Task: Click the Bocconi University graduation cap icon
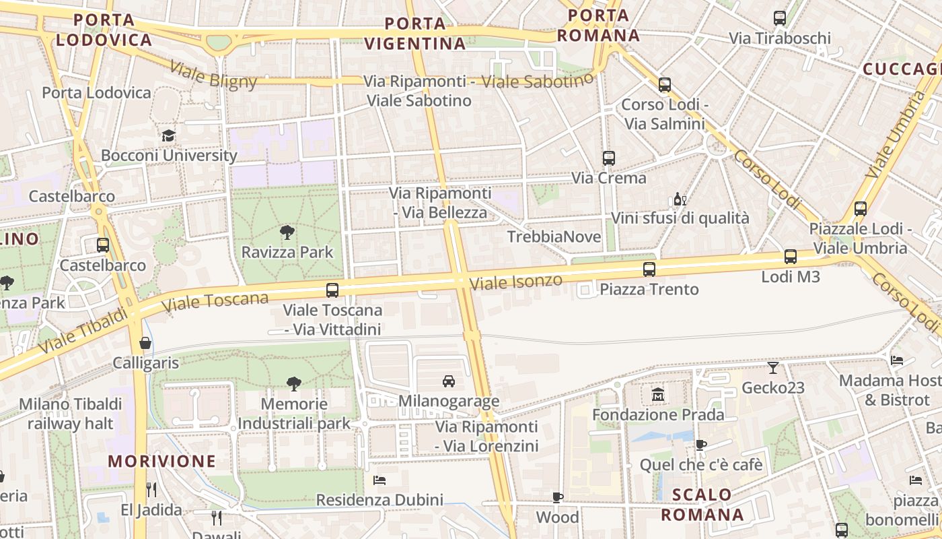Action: tap(168, 135)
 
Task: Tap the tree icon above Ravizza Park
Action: tap(287, 233)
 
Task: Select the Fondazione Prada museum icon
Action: tap(657, 394)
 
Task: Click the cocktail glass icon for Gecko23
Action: tap(773, 368)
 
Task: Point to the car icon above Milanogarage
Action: tap(449, 381)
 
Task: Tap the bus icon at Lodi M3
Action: tap(790, 257)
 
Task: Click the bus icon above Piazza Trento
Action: tap(649, 269)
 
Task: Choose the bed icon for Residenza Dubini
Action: tap(379, 480)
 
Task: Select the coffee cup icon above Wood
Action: tap(557, 497)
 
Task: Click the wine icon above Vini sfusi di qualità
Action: tap(680, 199)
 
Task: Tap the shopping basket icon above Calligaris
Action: tap(145, 344)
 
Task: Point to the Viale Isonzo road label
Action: tap(515, 282)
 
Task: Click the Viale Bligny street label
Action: tap(213, 75)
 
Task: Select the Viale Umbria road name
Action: tap(895, 135)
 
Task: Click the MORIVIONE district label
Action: tap(162, 462)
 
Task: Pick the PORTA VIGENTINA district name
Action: tap(415, 34)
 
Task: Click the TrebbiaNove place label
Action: tap(554, 236)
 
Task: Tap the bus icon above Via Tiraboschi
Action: tap(780, 18)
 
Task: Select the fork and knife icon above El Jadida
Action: tap(151, 489)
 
